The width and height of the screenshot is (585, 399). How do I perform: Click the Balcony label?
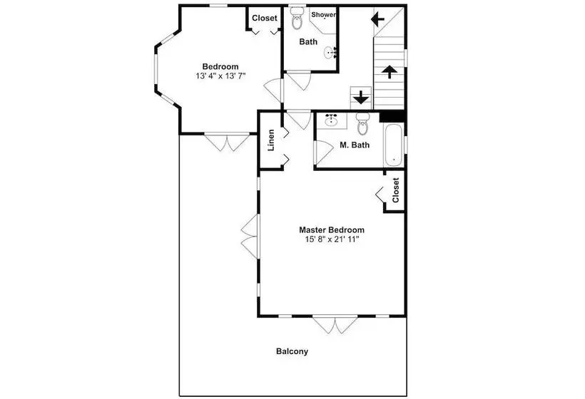[x=292, y=351]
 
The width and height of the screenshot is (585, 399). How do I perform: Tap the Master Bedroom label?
[x=332, y=230]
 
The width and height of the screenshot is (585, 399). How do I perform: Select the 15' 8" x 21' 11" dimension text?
[x=332, y=239]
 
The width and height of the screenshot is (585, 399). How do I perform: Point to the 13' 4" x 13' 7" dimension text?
[x=220, y=76]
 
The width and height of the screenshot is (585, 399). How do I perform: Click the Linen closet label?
[x=271, y=140]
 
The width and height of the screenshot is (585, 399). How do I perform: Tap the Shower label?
[x=323, y=15]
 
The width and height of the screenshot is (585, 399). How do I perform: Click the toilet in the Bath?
[x=297, y=18]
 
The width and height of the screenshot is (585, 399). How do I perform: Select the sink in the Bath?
[x=330, y=53]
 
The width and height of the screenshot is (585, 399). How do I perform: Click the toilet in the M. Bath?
[x=362, y=123]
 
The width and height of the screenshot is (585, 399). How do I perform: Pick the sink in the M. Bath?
[x=331, y=120]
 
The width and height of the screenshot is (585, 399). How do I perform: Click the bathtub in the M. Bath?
[x=393, y=145]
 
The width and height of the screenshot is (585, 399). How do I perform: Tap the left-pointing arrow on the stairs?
[x=377, y=19]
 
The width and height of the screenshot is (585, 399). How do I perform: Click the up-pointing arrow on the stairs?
[x=389, y=71]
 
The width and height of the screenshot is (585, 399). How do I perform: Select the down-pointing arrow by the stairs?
[x=361, y=98]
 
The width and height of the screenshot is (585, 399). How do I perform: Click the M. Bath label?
[x=355, y=145]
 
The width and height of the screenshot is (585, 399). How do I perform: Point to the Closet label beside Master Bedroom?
[x=395, y=190]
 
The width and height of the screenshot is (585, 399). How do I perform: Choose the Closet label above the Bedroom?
[x=265, y=18]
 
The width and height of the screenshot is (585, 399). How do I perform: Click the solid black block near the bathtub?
[x=392, y=116]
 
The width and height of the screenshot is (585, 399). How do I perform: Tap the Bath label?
[x=308, y=42]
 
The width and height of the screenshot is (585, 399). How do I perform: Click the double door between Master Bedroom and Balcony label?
[x=335, y=325]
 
